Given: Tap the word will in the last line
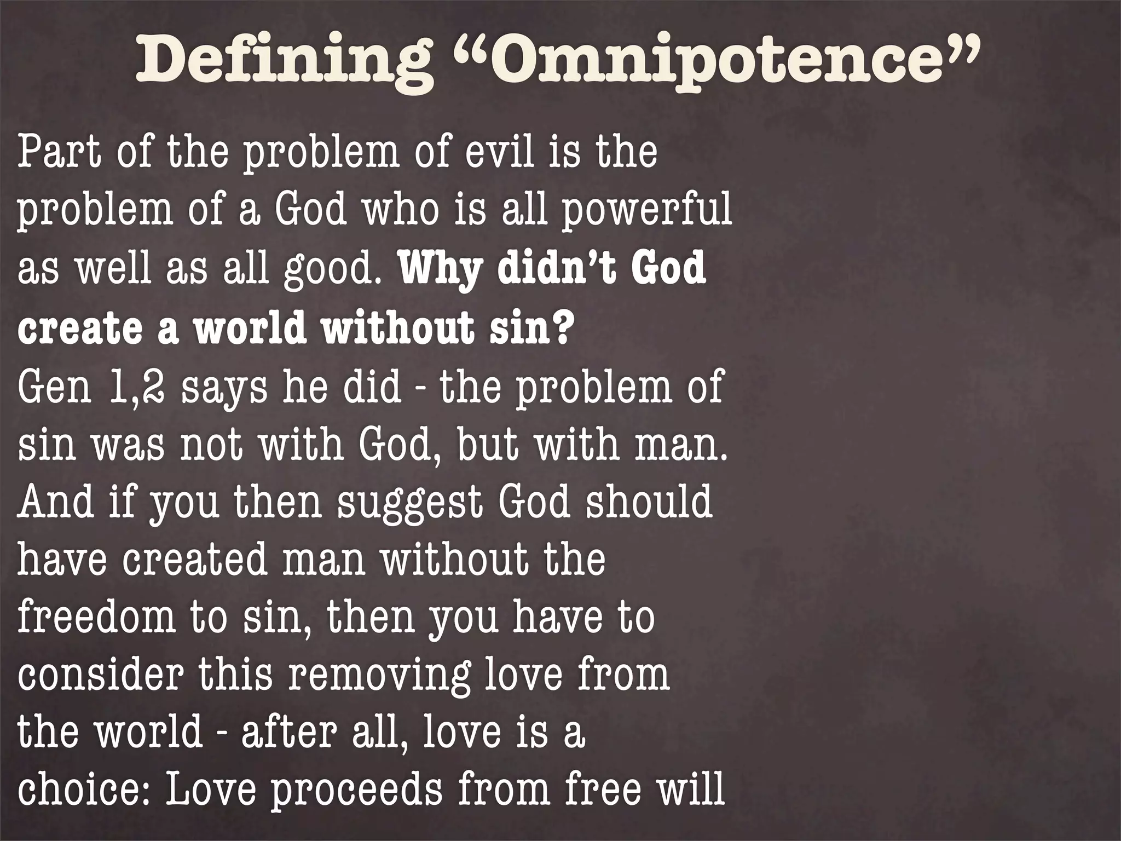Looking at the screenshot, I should [x=694, y=789].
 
